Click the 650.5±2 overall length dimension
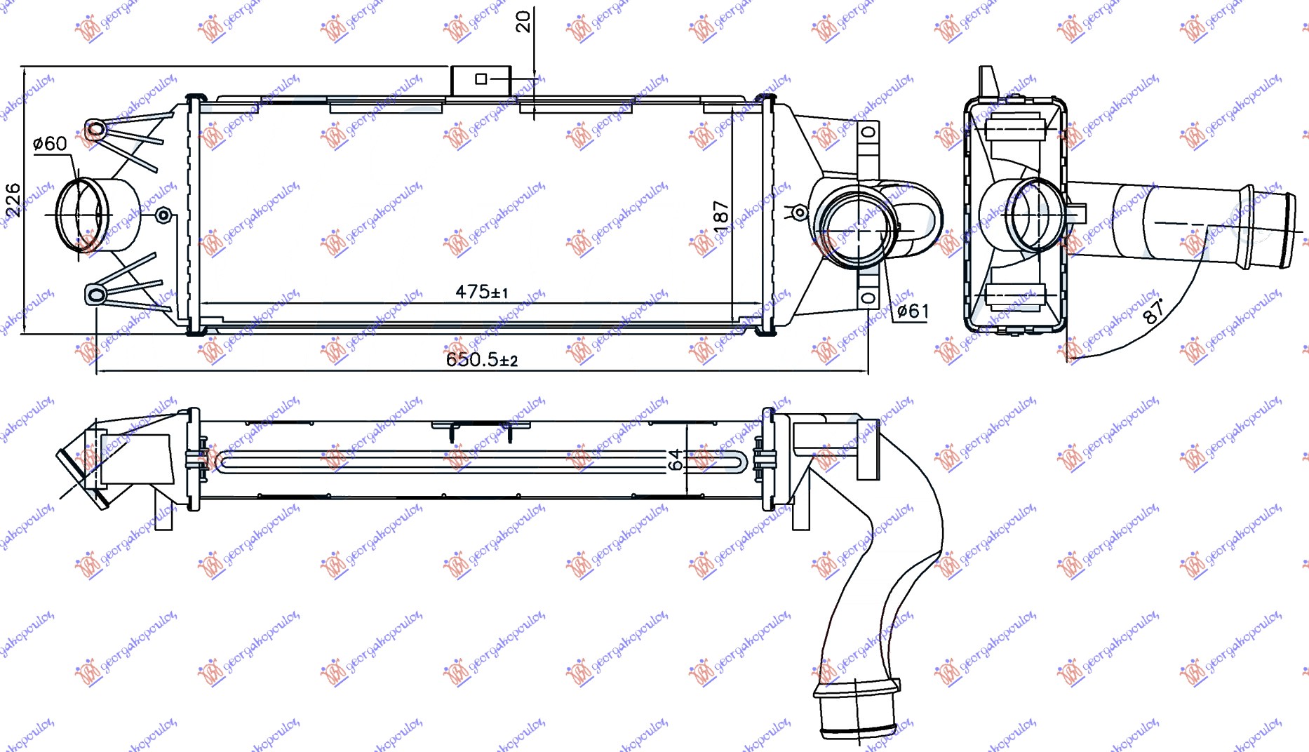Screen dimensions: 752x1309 [481, 360]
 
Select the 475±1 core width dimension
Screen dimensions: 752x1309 [481, 291]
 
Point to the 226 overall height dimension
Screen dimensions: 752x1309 [13, 200]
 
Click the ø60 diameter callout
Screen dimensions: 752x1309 [51, 144]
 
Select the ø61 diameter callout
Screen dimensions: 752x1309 [913, 311]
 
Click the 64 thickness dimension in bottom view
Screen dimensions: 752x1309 [675, 460]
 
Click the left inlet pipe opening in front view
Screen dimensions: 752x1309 [79, 215]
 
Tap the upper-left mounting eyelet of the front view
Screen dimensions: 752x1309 [95, 130]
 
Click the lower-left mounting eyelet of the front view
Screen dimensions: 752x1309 [95, 295]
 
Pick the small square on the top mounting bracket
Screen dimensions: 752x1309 [481, 79]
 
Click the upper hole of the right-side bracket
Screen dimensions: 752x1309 [868, 132]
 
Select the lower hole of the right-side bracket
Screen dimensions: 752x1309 [868, 298]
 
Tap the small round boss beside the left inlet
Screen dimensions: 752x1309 [163, 215]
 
